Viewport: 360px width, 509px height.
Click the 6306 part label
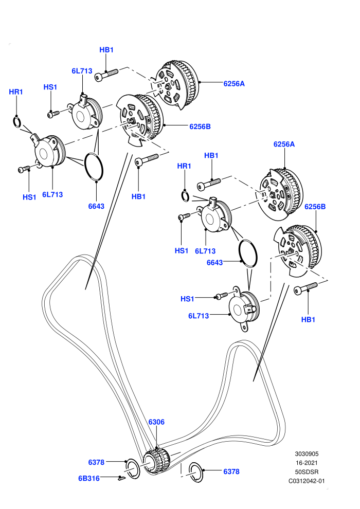click(156, 422)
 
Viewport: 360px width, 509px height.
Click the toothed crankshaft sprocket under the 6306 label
click(157, 462)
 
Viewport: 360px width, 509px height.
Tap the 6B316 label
click(89, 478)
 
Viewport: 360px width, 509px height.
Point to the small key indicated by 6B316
click(122, 478)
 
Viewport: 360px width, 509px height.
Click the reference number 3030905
click(307, 454)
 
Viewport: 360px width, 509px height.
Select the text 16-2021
click(307, 463)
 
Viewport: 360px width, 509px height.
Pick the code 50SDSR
click(307, 471)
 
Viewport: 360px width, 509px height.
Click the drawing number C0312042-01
click(307, 481)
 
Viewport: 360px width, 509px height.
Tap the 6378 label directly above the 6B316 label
click(96, 462)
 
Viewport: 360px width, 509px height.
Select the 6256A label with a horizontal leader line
click(234, 83)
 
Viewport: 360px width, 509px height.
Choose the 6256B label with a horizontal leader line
click(200, 126)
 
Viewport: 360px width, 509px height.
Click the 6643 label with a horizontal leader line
click(215, 263)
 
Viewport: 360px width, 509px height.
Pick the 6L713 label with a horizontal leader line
click(199, 316)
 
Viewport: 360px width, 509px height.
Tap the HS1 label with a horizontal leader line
click(187, 299)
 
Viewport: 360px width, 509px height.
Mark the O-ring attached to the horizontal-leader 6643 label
click(248, 253)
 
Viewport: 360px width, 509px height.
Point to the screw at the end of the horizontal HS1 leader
click(222, 296)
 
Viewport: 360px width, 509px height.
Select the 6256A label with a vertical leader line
click(284, 144)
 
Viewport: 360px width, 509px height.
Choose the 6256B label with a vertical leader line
click(315, 207)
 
